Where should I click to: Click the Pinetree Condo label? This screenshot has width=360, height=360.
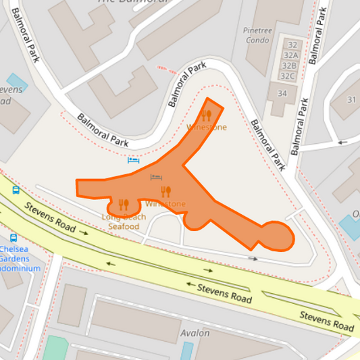pos(257,35)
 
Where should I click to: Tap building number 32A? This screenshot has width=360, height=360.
pos(290,55)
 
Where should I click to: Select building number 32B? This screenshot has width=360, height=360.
pos(289,66)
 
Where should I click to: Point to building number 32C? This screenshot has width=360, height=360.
pos(288,76)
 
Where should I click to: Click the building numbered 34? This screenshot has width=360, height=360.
pos(282,93)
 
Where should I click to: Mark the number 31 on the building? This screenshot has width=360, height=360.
pos(351,100)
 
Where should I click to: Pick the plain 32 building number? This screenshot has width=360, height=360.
pos(292,45)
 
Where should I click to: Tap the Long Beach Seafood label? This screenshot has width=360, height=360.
pos(124,222)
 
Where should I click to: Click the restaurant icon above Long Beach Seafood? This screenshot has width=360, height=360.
pos(124,204)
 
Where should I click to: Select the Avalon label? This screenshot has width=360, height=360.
pos(195,333)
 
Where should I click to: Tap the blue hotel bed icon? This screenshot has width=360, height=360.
pos(134,160)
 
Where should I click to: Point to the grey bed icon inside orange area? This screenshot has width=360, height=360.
pos(156,178)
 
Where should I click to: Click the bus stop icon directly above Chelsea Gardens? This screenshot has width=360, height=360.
pos(14,238)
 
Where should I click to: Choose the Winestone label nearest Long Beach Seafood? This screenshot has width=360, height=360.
pos(165,204)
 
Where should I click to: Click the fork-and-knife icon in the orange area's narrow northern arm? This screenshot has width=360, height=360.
pos(207,115)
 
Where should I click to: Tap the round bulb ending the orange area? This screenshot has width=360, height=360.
pos(277,236)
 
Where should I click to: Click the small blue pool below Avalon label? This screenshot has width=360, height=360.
pos(186,351)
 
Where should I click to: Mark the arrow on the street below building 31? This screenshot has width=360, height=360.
pos(342,143)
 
